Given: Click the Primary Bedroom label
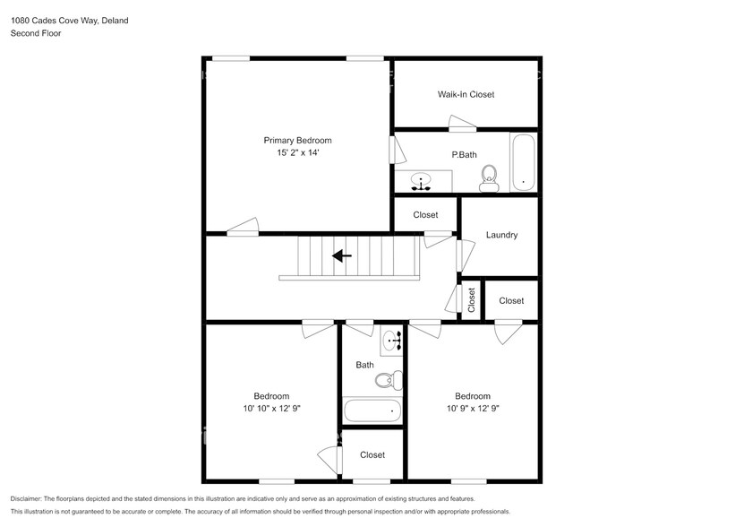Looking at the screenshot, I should click(x=297, y=140).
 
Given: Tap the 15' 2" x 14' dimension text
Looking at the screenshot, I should click(x=297, y=153).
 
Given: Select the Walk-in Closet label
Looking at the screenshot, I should click(x=466, y=94).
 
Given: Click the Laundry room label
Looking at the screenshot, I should click(x=501, y=235).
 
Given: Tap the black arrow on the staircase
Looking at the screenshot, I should click(x=342, y=256).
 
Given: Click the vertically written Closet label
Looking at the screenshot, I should click(x=471, y=301).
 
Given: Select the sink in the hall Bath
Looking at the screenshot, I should click(x=391, y=341).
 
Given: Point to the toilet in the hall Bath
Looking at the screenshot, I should click(x=387, y=381).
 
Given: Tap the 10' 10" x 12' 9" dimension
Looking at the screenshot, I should click(x=271, y=410).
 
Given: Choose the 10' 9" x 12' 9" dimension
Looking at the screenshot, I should click(x=473, y=410).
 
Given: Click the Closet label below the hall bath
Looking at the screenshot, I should click(x=372, y=455).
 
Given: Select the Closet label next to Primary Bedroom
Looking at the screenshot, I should click(x=425, y=215).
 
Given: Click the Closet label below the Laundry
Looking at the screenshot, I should click(x=511, y=301).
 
